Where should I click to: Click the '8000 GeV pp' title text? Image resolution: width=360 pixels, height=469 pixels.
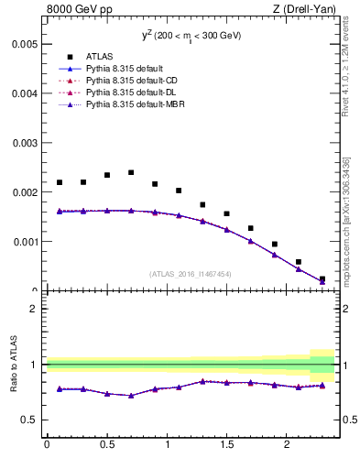tap(81, 10)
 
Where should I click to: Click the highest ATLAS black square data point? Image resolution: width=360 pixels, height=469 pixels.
tap(131, 172)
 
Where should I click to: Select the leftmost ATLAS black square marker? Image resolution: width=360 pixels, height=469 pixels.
tap(60, 182)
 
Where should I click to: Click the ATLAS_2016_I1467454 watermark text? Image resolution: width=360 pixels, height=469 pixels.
tap(191, 274)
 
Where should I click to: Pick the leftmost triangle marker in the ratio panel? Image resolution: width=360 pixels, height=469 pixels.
tap(60, 388)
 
